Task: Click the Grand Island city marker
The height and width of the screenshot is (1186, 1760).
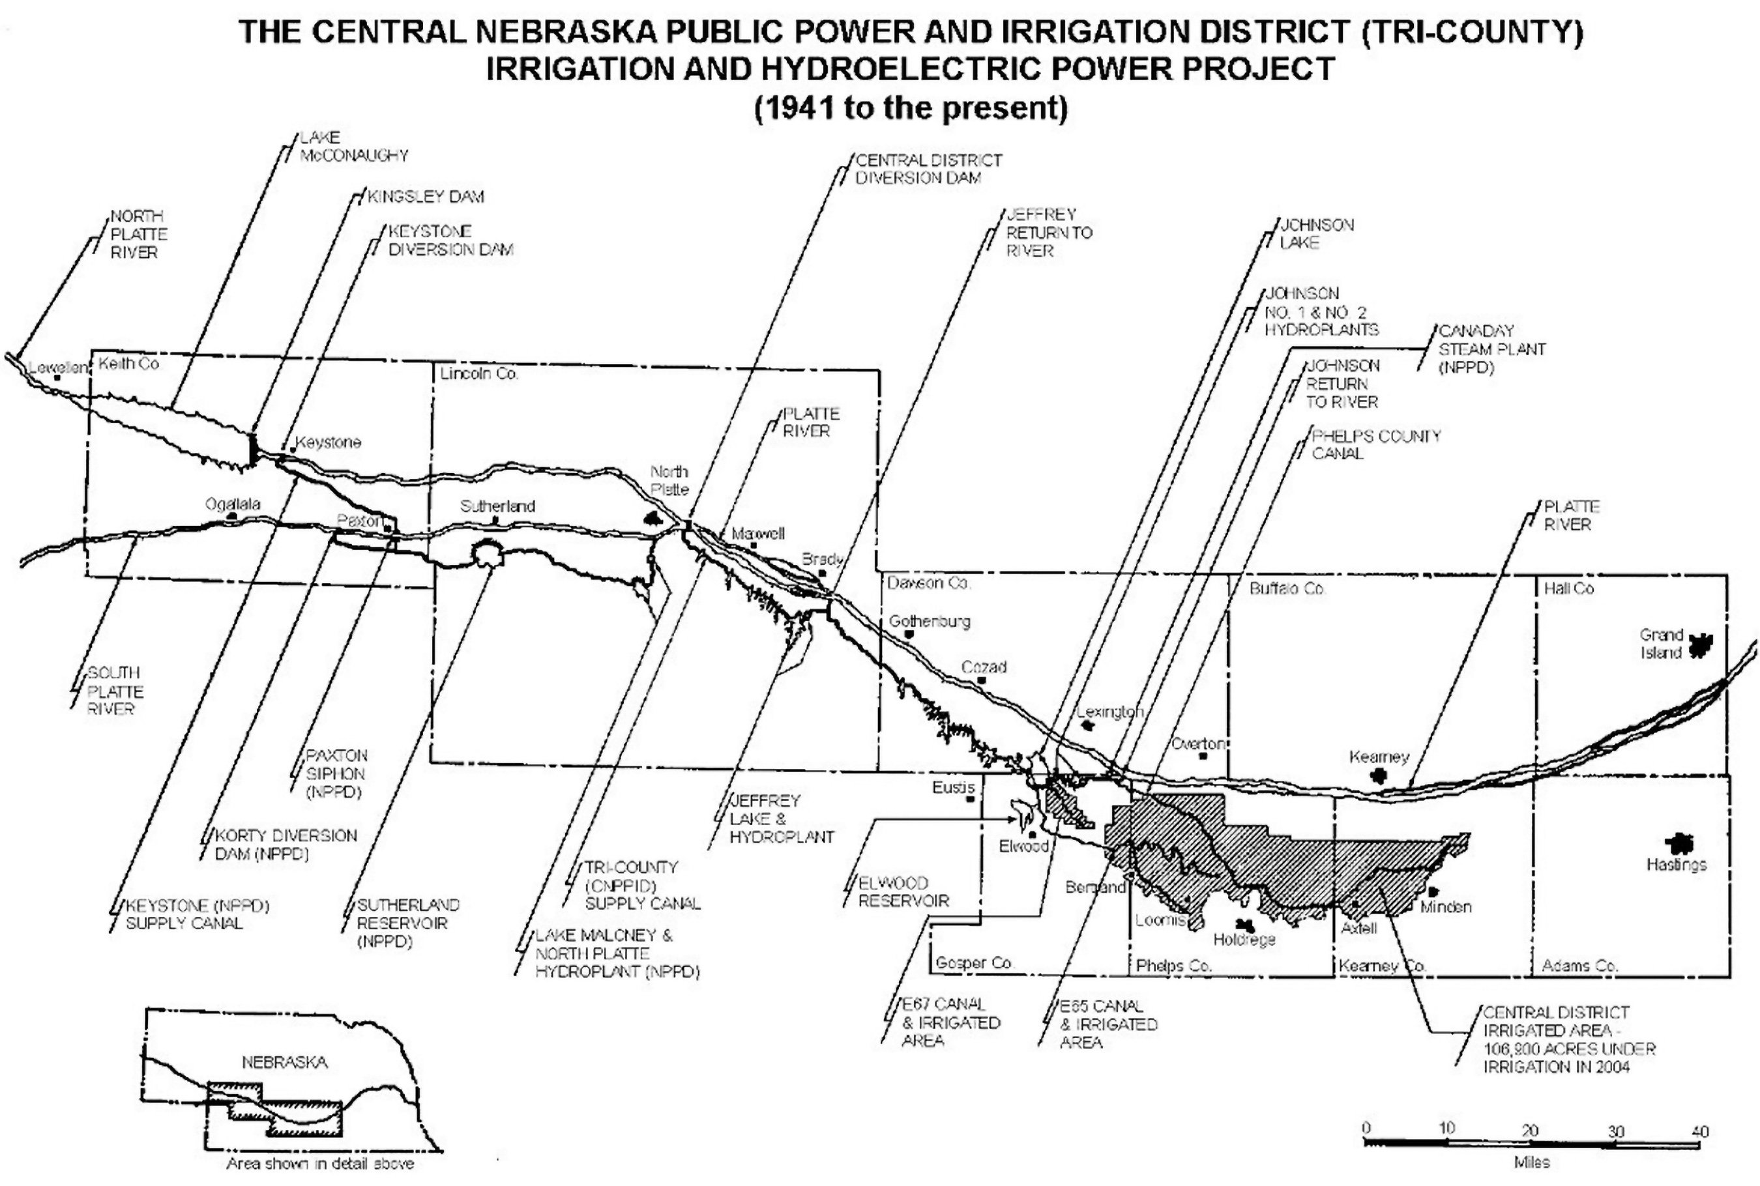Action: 1699,645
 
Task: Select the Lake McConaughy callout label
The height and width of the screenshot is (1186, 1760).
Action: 353,147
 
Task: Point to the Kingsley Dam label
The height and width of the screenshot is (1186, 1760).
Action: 425,197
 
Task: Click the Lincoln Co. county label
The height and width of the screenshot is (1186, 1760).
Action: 479,373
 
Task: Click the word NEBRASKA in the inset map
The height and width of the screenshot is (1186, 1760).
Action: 284,1062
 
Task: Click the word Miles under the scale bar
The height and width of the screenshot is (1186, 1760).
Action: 1531,1162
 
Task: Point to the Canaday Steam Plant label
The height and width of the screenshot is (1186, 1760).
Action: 1491,349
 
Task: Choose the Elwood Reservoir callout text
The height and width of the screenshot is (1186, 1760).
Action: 903,891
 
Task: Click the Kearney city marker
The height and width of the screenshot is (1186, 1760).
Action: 1379,775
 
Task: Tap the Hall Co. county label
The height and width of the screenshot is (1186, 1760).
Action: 1568,588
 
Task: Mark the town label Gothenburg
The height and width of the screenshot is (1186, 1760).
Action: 929,622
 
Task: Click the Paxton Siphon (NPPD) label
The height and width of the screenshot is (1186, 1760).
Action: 336,774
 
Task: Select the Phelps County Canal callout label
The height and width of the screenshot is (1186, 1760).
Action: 1375,444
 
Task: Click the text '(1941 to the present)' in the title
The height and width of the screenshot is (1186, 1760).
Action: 911,108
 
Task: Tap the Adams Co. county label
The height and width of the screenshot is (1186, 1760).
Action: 1580,966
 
